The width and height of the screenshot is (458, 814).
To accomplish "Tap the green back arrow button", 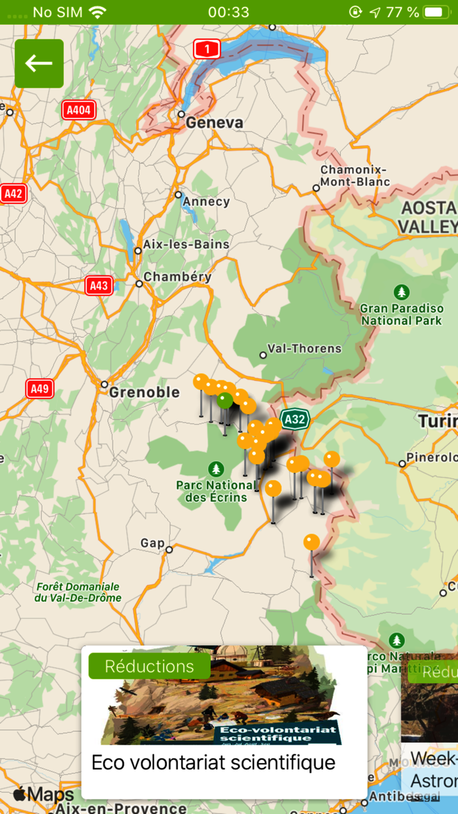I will pos(39,63).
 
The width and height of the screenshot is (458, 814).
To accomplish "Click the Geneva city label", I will pos(214,123).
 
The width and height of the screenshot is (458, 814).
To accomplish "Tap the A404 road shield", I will pos(79,110).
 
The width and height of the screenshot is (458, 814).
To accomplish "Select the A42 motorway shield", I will pos(13,194).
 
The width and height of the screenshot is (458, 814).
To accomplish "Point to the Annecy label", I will pos(206,202).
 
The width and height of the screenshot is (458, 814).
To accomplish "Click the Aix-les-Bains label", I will pos(186,245).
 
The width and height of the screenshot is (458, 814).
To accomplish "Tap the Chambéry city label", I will pos(177,277).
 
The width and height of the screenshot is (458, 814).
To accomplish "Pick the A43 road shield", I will pos(99,285).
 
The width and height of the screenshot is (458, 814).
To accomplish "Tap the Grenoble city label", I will pos(144,393).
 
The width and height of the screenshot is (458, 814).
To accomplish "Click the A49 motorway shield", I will pos(39,389).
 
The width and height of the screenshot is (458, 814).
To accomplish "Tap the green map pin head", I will pos(225,400).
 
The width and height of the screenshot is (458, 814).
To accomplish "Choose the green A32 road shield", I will pos(294,419).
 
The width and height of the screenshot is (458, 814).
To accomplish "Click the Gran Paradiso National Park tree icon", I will pos(401,291).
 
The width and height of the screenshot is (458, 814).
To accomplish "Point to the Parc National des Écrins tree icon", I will pos(215,469).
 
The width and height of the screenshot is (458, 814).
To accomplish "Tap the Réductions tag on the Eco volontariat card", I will pos(149,666).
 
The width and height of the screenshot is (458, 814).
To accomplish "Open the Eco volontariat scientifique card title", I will pos(213,762).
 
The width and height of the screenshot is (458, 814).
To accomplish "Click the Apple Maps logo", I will pos(43,795).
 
